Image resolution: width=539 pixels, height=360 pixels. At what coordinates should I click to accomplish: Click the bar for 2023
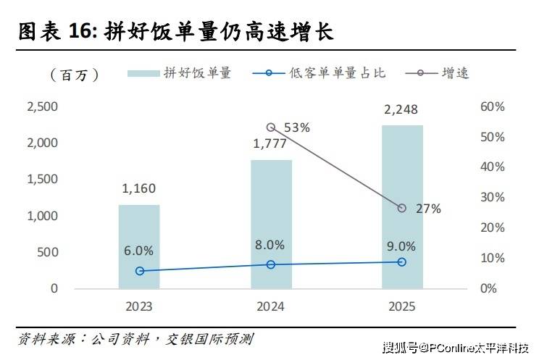point(139,246)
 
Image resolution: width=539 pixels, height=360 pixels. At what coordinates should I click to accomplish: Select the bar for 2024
point(271,224)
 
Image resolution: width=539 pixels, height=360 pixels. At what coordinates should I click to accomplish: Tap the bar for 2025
point(402,206)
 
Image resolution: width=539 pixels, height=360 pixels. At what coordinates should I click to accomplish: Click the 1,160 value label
point(138,189)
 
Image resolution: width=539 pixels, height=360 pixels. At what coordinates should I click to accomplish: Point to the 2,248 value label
point(401,110)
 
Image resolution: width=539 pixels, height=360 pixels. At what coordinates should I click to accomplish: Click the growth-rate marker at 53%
point(271,127)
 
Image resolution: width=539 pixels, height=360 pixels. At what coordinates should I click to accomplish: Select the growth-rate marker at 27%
point(402,208)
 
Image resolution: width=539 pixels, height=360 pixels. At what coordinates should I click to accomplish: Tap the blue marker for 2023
point(139,271)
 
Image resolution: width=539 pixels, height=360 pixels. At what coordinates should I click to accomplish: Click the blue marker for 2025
point(402,261)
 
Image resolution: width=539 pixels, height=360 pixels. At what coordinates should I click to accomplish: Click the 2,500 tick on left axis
point(42,107)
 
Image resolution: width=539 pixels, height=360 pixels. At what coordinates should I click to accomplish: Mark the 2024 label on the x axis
point(271,307)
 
